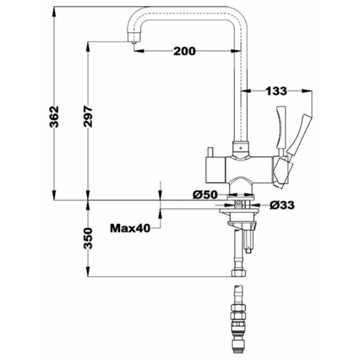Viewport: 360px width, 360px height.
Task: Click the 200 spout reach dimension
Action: pos(184,51)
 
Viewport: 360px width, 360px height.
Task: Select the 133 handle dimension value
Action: pos(276,91)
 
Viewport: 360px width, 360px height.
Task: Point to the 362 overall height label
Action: pos(55,116)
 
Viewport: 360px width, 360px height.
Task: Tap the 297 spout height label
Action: pos(88,116)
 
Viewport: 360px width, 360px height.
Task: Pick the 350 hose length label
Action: pos(88,238)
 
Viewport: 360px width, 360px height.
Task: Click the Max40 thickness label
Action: pos(130,228)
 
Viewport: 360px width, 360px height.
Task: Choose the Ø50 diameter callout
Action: pos(205,195)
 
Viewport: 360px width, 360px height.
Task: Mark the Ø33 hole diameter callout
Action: pos(282,205)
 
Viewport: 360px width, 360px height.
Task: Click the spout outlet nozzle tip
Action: pos(134,42)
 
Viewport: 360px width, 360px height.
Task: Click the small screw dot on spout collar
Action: pos(241,148)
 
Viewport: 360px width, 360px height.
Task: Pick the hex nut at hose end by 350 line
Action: pos(239,273)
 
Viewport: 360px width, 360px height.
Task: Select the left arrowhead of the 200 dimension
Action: pos(139,51)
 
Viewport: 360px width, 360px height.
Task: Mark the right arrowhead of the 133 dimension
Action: pos(307,91)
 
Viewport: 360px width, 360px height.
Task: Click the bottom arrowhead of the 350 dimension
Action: pos(88,272)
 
